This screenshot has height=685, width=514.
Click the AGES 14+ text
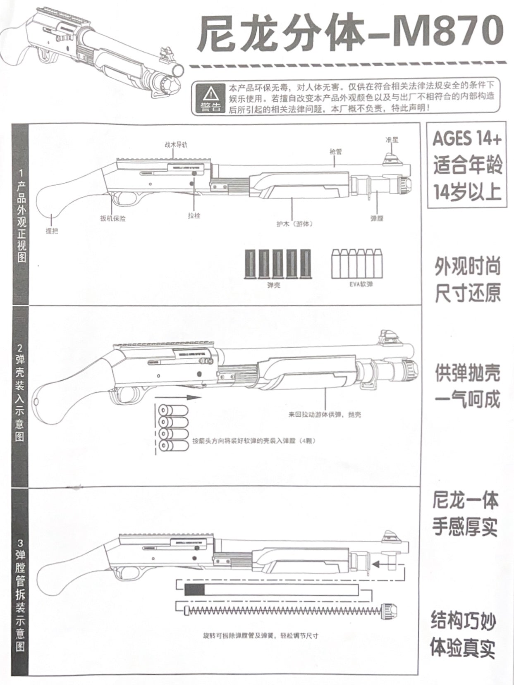[467, 139]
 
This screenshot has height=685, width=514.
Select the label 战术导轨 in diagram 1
[176, 145]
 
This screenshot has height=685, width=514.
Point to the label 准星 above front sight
[392, 140]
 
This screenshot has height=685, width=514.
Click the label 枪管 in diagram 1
[335, 152]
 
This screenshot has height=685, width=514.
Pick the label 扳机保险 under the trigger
[112, 219]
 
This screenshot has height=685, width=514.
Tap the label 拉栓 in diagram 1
[194, 216]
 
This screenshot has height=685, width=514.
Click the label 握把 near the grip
[52, 231]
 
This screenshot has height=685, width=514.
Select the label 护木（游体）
[294, 224]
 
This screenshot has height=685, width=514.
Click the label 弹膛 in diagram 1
[377, 218]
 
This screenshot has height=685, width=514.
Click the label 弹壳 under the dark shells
[274, 284]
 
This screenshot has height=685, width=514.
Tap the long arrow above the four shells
[178, 397]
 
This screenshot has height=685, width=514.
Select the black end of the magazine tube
[194, 590]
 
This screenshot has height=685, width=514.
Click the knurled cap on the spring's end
[389, 609]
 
